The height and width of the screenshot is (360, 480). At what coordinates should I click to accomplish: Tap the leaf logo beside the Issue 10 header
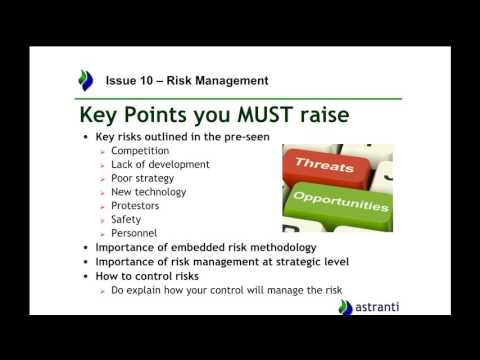click(x=85, y=80)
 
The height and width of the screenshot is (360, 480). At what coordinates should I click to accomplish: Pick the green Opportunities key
click(x=340, y=203)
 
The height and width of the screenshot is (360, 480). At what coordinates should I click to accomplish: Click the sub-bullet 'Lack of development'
click(x=160, y=164)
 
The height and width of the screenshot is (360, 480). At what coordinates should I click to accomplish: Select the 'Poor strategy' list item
click(x=144, y=178)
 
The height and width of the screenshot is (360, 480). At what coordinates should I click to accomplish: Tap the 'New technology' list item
click(x=147, y=192)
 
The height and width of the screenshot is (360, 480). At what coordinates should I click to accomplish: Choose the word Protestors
click(x=140, y=206)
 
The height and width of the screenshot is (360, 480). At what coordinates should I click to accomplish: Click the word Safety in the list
click(x=128, y=219)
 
